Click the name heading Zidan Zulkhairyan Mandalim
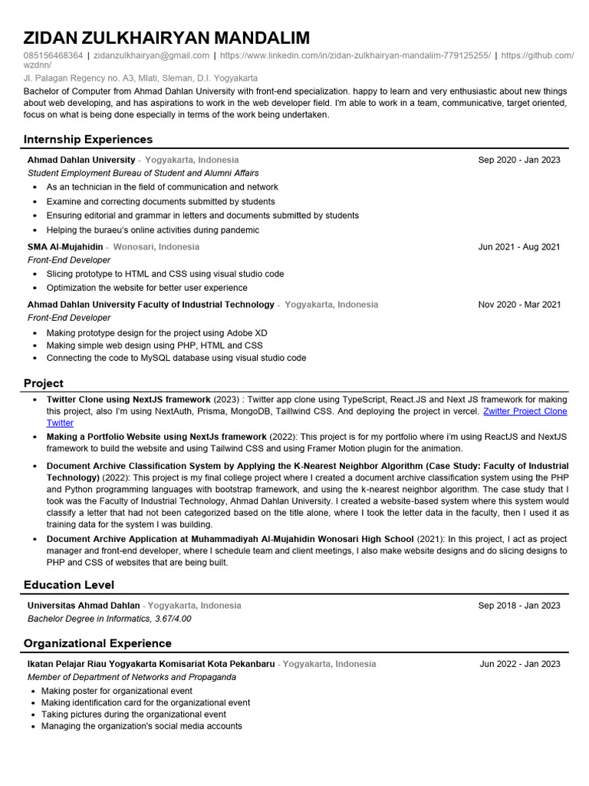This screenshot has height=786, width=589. [166, 38]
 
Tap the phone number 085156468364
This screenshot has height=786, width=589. [53, 56]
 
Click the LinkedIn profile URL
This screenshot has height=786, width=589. [354, 56]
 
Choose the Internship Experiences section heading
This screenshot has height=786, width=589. [88, 139]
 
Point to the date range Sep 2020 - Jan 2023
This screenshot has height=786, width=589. [518, 160]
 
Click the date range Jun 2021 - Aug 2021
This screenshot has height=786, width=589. [518, 247]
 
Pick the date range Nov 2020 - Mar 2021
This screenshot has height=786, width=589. [519, 305]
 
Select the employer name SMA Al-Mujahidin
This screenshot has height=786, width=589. [65, 247]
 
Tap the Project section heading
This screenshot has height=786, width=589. [44, 383]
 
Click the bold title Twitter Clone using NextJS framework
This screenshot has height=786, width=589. [128, 400]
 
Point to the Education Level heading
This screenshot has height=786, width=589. [69, 585]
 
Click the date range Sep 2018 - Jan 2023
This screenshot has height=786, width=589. [518, 606]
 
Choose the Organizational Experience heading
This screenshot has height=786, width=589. [97, 643]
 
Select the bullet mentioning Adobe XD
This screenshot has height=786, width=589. [156, 333]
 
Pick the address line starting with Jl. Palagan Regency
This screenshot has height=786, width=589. [140, 78]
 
